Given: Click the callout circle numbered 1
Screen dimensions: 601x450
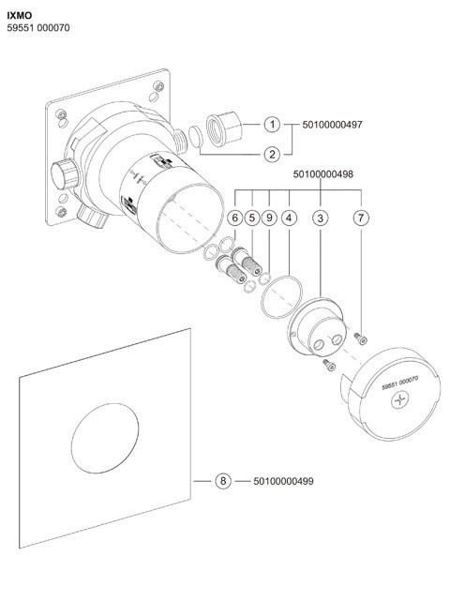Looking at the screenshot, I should point(272,124).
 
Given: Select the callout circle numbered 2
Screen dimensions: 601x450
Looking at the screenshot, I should point(272,154).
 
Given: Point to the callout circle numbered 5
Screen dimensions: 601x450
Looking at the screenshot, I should point(251,218).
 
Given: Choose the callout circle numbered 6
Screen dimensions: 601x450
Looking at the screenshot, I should point(234,218).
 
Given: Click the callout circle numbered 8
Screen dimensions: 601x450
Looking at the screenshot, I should point(222,482).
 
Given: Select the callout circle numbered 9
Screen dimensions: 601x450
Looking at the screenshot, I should point(269,218).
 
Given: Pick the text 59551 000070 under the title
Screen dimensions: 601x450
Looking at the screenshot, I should point(38,29).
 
